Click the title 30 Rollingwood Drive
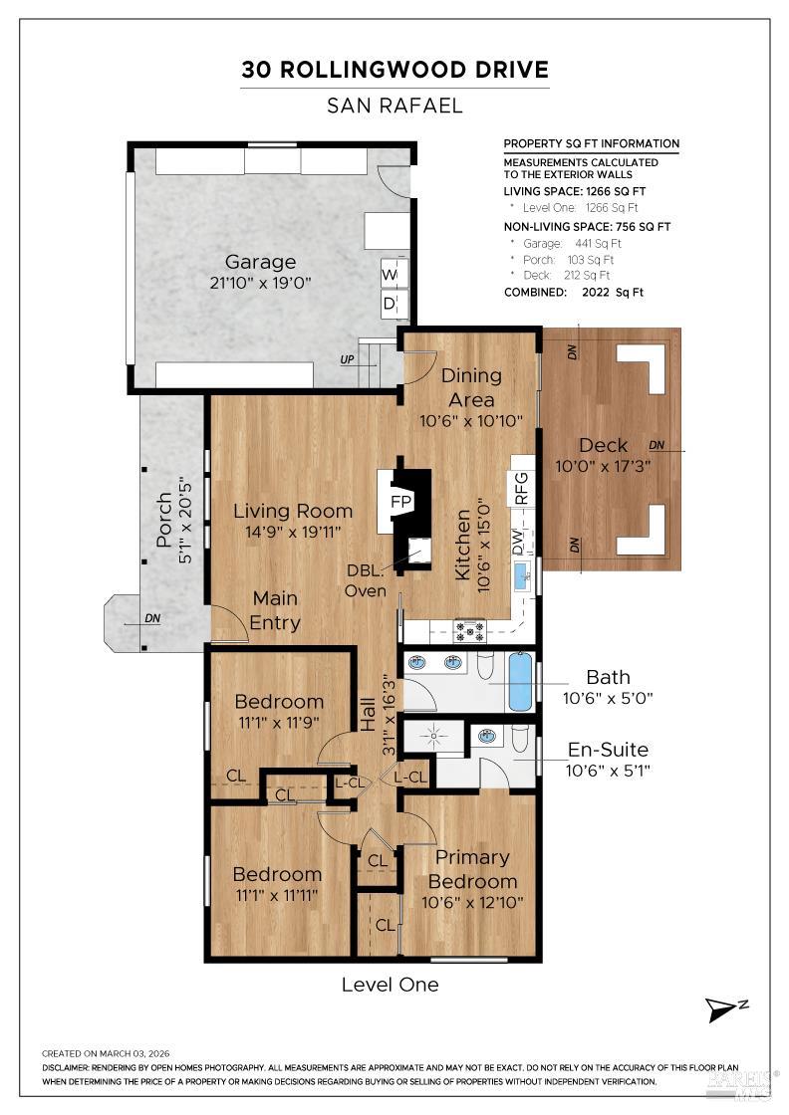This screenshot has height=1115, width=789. [x=394, y=70]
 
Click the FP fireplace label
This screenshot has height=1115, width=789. [x=401, y=500]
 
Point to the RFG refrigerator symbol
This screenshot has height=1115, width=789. [x=521, y=488]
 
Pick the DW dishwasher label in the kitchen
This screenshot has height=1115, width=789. [x=518, y=543]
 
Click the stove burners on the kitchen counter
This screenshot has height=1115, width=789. [x=469, y=629]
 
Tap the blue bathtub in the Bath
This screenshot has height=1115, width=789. [x=520, y=681]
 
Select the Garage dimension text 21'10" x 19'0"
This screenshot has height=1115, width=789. [x=260, y=283]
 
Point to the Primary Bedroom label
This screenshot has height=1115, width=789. [x=472, y=869]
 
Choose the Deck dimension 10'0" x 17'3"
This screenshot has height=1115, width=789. [x=603, y=465]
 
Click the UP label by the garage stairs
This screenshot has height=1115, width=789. [x=348, y=359]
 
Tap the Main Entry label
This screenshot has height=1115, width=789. [x=276, y=610]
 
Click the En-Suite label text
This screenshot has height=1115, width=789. [x=607, y=750]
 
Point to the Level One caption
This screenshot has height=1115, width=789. [x=390, y=985]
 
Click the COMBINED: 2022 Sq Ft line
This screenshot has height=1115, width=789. [x=574, y=293]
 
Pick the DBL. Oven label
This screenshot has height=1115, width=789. [x=366, y=580]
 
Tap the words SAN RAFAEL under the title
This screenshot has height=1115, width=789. [x=394, y=106]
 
